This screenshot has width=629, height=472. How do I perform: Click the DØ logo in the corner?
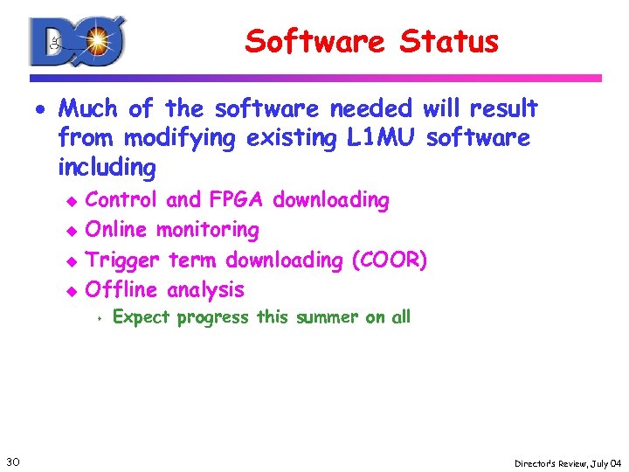(x=78, y=41)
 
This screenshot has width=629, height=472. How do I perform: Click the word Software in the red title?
(x=315, y=41)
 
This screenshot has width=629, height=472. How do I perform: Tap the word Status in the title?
(x=449, y=41)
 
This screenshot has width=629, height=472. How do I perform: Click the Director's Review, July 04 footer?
(x=568, y=462)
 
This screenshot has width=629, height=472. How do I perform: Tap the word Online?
(x=117, y=230)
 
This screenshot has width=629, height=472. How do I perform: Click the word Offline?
(x=121, y=289)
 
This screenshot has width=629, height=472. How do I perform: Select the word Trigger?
(x=122, y=260)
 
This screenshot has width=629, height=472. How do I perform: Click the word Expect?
(x=142, y=317)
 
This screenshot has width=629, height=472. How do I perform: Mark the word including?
(x=107, y=166)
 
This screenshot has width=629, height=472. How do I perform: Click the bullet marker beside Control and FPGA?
(x=73, y=201)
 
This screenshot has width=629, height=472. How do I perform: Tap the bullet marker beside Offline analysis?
(x=73, y=290)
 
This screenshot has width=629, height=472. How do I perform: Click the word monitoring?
(x=207, y=230)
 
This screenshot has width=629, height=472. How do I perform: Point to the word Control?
(x=121, y=200)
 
